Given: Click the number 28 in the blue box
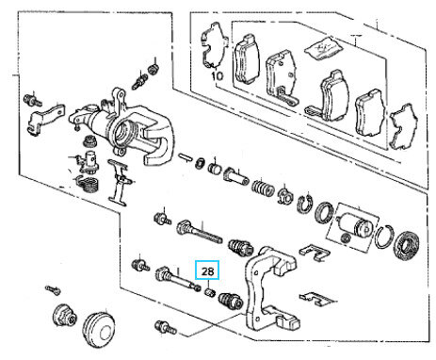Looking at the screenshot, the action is coord(207,270).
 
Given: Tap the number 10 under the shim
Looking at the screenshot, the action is coord(218,75).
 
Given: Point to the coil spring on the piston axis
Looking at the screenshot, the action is coord(263,187).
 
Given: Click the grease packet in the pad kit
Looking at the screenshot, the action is coord(323,47).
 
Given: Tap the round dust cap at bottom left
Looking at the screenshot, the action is coord(99,330).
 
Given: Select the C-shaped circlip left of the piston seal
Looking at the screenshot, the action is coord(303,204).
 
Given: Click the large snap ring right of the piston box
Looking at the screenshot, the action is coord(385,237).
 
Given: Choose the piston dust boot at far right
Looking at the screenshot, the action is coord(407,244).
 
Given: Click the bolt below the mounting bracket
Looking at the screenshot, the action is coord(165,327).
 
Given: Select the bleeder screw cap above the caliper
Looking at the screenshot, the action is coord(153,68).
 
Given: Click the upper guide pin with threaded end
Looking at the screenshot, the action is coord(200,232).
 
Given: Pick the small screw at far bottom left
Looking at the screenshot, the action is coord(52,289).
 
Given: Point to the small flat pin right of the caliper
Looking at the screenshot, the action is coord(186,156).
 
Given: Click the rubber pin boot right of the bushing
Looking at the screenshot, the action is coord(231,301).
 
